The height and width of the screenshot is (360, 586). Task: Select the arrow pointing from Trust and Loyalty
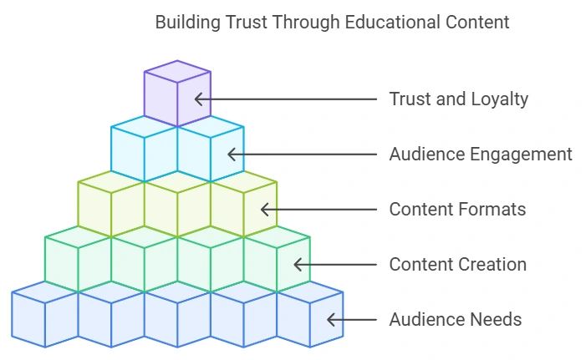point(284,99)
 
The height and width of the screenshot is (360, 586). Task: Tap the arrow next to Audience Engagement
point(301,154)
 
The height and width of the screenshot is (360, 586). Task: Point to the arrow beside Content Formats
point(318,209)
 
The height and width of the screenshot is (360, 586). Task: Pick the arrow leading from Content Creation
point(334,264)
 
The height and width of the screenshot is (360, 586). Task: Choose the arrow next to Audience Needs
point(351,319)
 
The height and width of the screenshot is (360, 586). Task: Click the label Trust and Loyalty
point(458,99)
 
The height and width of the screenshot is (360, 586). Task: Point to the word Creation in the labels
point(495,265)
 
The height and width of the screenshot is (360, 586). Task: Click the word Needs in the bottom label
point(496,320)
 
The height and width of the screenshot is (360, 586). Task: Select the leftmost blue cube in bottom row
point(43,317)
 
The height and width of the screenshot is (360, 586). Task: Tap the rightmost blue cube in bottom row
point(309,317)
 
